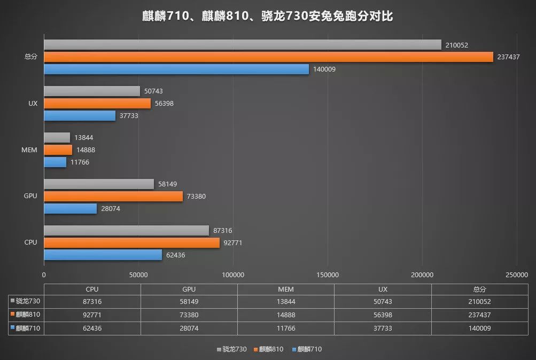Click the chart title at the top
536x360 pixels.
pos(268,17)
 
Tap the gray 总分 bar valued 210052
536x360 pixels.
pos(243,44)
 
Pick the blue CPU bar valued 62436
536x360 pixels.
pos(103,255)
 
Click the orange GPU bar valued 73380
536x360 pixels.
pos(113,196)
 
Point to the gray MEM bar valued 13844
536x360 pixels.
pos(57,138)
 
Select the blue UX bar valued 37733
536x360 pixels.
pos(80,116)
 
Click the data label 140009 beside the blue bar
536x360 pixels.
pos(324,69)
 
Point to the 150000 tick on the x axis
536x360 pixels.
pos(327,275)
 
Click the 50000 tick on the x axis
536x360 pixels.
pos(138,275)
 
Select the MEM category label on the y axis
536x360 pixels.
pos(30,150)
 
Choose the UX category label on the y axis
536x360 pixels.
pos(33,103)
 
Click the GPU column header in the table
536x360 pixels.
pos(189,289)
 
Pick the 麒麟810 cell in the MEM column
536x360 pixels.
pos(285,315)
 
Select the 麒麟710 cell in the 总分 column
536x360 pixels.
pos(479,328)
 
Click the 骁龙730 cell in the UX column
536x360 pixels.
pos(383,302)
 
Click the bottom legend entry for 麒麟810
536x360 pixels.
pos(272,349)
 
